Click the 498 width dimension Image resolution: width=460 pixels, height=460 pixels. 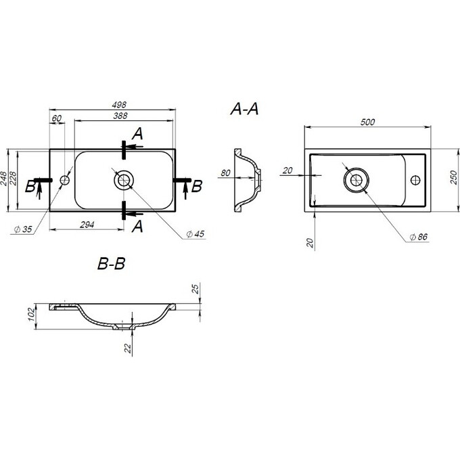point(119,105)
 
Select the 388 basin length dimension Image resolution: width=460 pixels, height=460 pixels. point(120,116)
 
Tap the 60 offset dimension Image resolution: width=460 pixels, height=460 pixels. point(57,118)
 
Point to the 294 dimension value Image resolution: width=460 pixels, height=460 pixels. point(87,225)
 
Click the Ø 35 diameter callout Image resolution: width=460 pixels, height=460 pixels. point(23,229)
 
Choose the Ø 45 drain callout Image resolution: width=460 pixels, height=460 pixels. point(195,234)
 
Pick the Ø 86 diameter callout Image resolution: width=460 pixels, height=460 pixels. point(419,237)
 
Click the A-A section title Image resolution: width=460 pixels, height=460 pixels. point(244,109)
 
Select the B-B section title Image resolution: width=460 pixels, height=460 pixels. point(111,263)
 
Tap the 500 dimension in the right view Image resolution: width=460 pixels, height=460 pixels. point(367,122)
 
